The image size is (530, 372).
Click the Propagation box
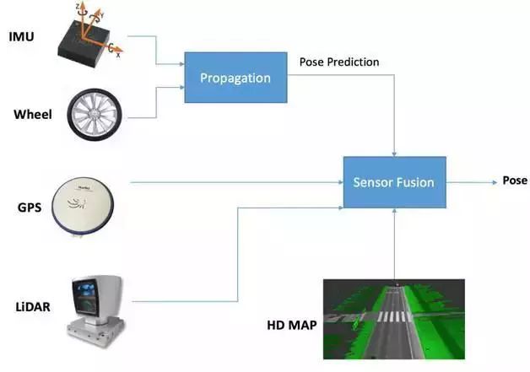(235, 78)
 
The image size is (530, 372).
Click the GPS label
(28, 205)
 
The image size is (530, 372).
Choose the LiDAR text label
(31, 307)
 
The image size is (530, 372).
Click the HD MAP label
(288, 324)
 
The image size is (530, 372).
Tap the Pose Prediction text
(339, 62)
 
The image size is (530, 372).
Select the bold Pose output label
(515, 181)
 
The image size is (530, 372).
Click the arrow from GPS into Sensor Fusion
(236, 181)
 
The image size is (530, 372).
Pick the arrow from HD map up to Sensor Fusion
(395, 245)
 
